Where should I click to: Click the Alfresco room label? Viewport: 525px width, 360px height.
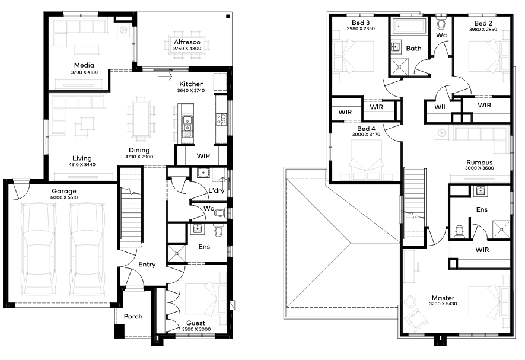click(187, 42)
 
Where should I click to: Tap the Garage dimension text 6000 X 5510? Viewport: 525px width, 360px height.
click(64, 197)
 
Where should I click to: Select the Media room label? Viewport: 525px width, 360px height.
click(84, 65)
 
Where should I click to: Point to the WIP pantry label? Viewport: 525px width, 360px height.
click(203, 156)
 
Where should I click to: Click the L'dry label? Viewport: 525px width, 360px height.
click(217, 190)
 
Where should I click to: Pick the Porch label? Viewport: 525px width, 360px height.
click(133, 317)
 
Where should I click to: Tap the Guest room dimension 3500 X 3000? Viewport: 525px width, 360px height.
click(196, 329)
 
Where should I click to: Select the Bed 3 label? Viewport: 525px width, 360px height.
click(361, 23)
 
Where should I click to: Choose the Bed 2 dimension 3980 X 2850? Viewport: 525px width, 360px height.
click(483, 30)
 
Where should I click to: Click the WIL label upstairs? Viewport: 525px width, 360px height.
click(441, 107)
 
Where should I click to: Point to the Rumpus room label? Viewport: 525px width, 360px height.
click(479, 163)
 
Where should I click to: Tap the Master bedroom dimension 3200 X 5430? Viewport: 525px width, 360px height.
click(443, 304)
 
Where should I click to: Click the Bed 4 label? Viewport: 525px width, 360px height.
click(366, 129)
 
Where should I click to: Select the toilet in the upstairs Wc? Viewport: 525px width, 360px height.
click(441, 23)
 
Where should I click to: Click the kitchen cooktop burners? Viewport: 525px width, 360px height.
click(221, 119)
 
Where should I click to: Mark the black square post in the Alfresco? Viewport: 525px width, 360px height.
click(228, 16)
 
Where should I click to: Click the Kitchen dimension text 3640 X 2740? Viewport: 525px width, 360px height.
click(191, 90)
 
